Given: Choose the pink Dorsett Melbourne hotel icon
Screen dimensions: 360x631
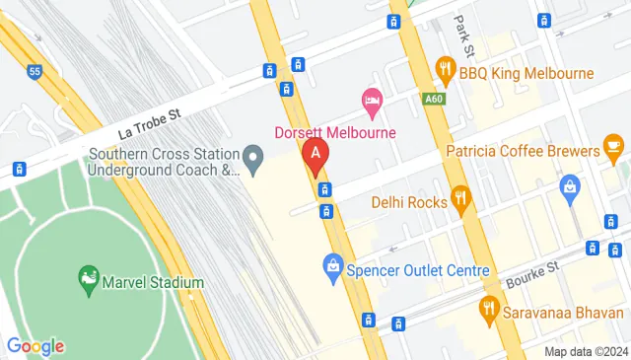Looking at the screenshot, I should (372, 100).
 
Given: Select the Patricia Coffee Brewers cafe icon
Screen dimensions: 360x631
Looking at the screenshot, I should (614, 150).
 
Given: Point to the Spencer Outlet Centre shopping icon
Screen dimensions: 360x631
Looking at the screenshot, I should (333, 265).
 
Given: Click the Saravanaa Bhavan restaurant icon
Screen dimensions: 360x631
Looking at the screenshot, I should (487, 308).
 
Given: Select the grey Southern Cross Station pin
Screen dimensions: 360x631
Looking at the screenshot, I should (254, 157).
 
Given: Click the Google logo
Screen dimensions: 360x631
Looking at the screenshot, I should (35, 346).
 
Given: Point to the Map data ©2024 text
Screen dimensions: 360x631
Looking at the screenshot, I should (586, 352).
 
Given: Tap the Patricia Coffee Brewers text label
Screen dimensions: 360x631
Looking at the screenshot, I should (523, 151).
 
